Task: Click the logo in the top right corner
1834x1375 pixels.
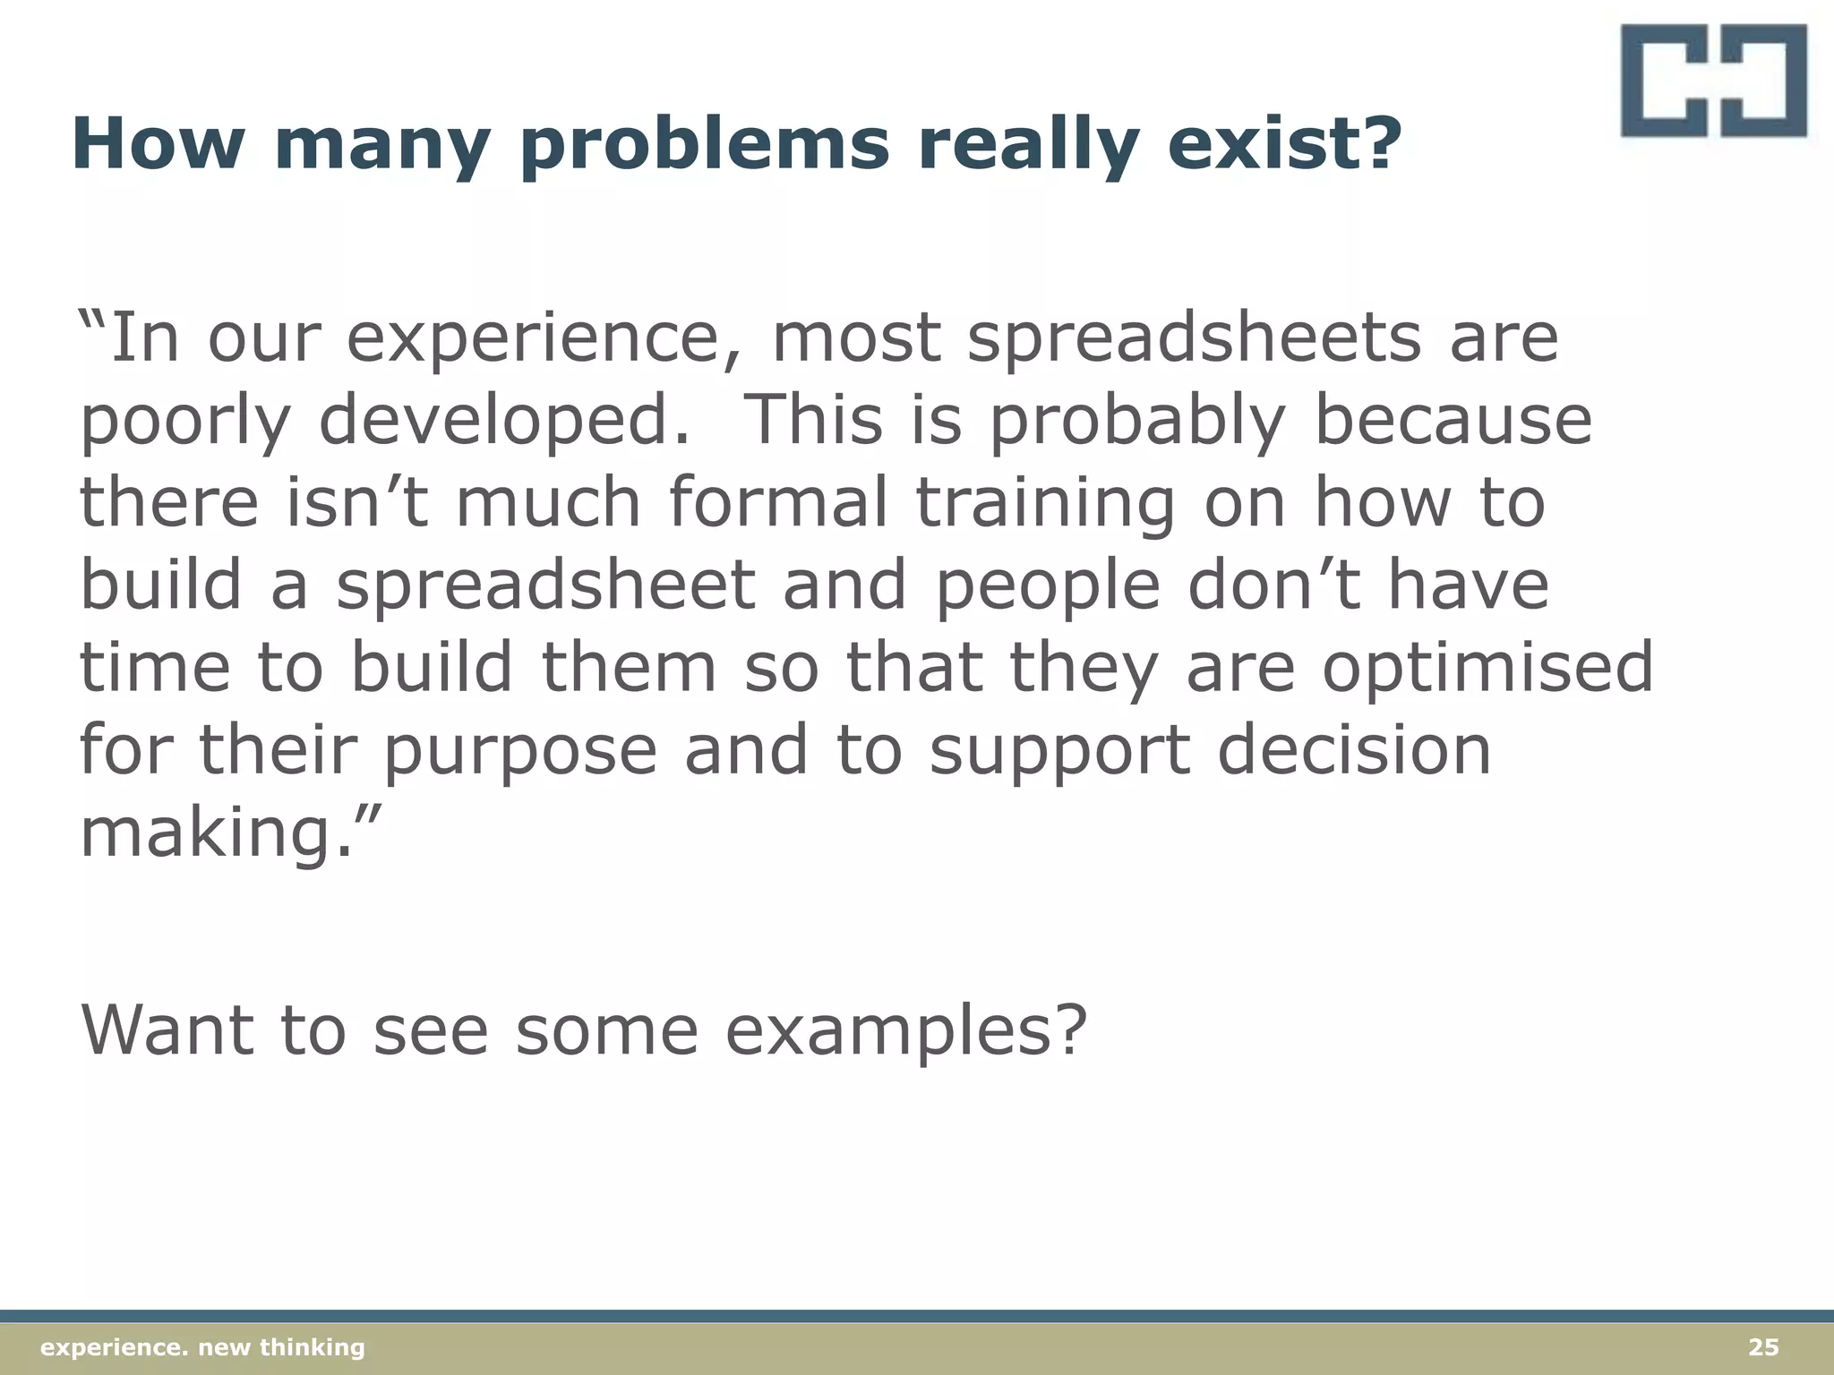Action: pos(1712,81)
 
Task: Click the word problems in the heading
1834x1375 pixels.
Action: pos(705,145)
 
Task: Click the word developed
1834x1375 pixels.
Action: pos(504,421)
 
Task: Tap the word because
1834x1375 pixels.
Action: pos(1453,421)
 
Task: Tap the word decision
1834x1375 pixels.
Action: pos(1354,750)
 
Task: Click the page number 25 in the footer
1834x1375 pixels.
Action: pos(1763,1347)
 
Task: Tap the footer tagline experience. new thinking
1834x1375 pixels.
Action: pos(203,1347)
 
